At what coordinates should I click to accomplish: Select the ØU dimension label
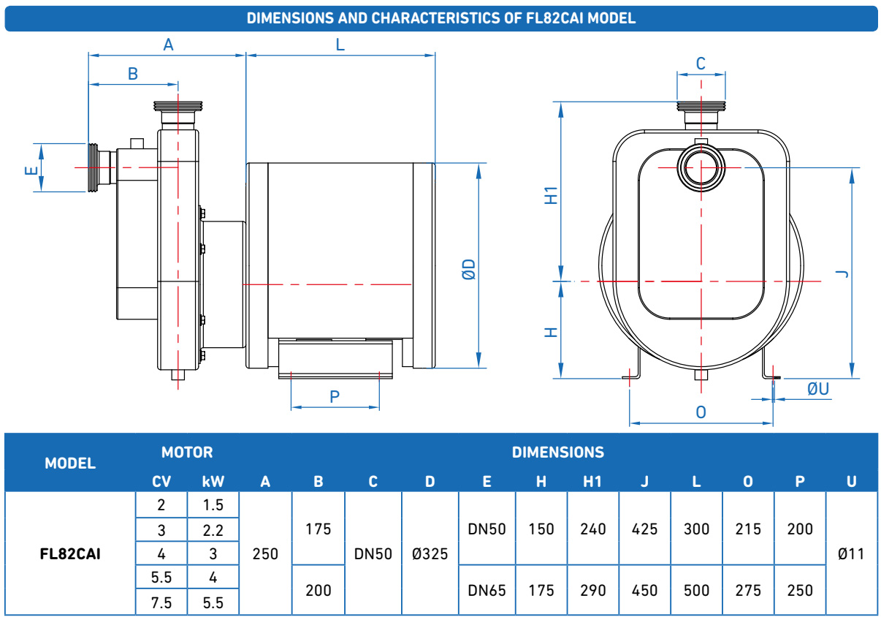[x=818, y=389]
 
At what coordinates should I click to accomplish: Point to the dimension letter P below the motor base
[x=335, y=396]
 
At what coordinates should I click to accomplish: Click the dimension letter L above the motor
[x=340, y=45]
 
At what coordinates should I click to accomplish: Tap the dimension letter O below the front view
[x=701, y=412]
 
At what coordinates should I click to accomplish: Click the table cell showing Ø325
[x=430, y=553]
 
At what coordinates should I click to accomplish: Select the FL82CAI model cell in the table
[x=70, y=553]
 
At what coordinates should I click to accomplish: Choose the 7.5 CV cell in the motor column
[x=161, y=602]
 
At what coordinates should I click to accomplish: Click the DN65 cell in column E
[x=487, y=590]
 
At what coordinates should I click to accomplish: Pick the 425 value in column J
[x=644, y=529]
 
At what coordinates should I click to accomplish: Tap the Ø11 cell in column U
[x=851, y=553]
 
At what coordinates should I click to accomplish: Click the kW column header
[x=213, y=482]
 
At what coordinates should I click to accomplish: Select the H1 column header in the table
[x=592, y=482]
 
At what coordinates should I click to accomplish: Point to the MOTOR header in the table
[x=187, y=453]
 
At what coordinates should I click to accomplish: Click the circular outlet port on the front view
[x=701, y=167]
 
